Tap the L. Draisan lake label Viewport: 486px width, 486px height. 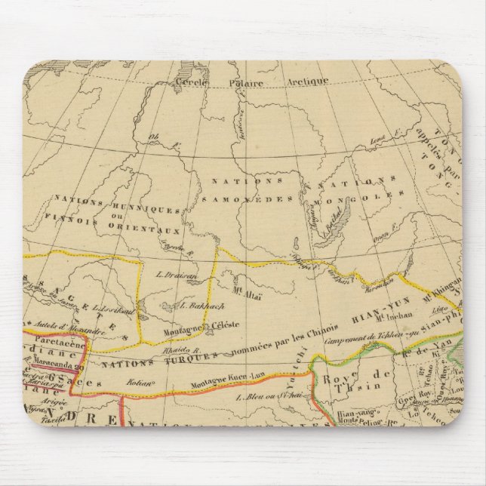(178, 276)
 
